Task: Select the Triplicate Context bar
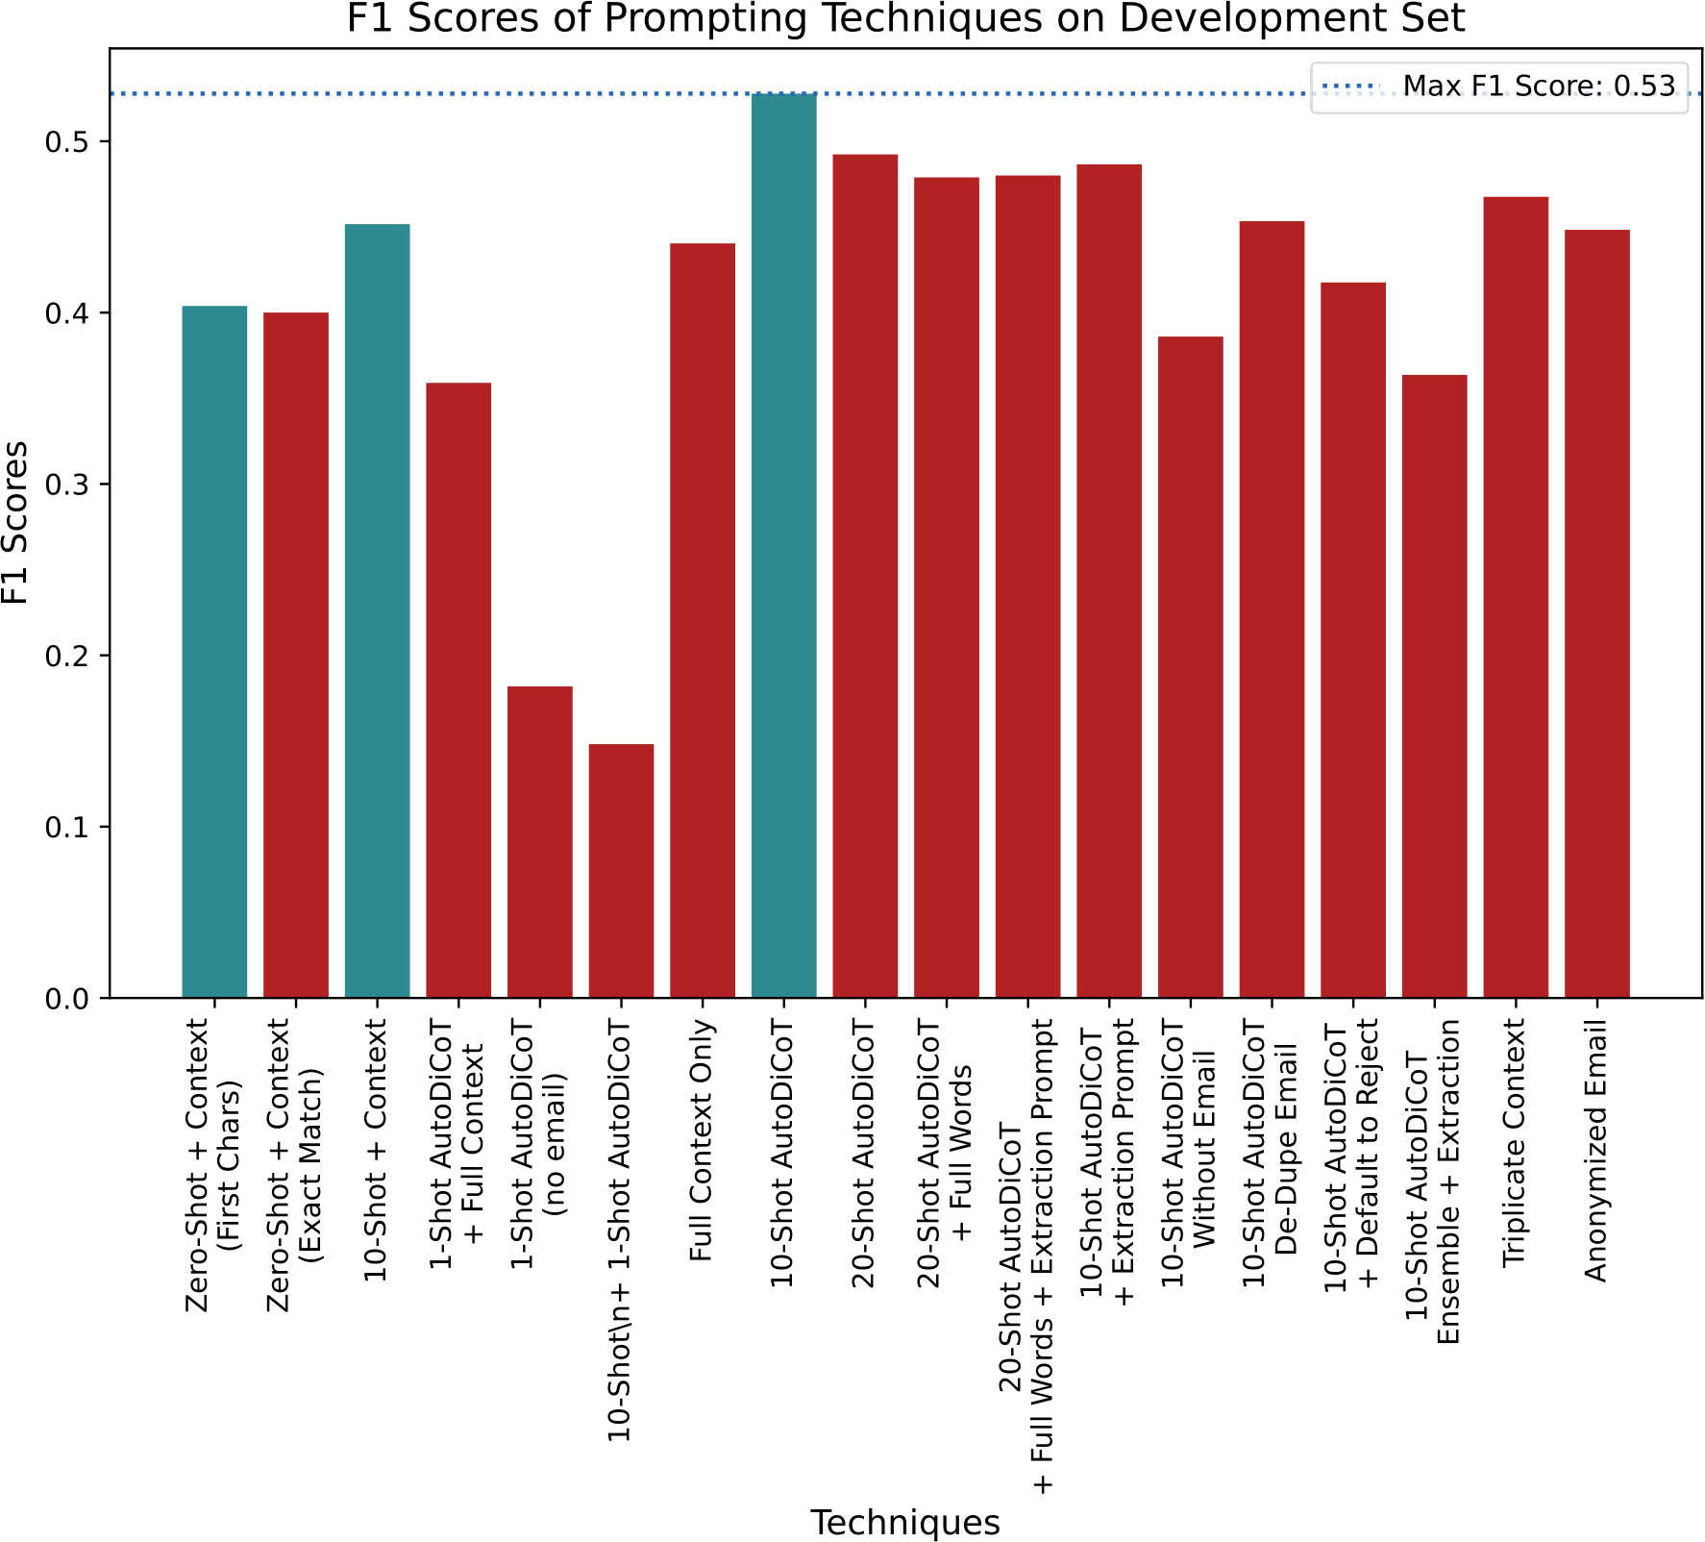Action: point(1516,597)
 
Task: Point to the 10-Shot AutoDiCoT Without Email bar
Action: point(1191,667)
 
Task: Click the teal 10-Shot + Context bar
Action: point(378,611)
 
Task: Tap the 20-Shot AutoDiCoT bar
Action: point(865,576)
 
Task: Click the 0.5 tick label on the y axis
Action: point(66,142)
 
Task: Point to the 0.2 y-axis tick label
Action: point(66,656)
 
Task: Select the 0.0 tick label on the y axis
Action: point(66,999)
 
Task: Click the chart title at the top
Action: point(905,19)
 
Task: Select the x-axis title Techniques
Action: point(905,1523)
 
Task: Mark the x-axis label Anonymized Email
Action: point(1596,1151)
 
